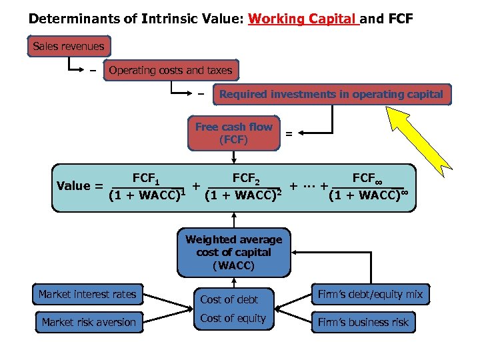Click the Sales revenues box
(69, 46)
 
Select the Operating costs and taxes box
(171, 70)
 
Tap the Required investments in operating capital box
(331, 94)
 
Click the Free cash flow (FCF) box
(233, 133)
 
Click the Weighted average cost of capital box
(233, 253)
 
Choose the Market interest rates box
(87, 295)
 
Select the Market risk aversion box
(88, 322)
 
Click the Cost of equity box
(233, 319)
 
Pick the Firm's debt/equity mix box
(371, 294)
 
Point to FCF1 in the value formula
(145, 178)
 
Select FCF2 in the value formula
(245, 178)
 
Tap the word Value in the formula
(73, 185)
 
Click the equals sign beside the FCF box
(289, 134)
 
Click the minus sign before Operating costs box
(93, 70)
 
